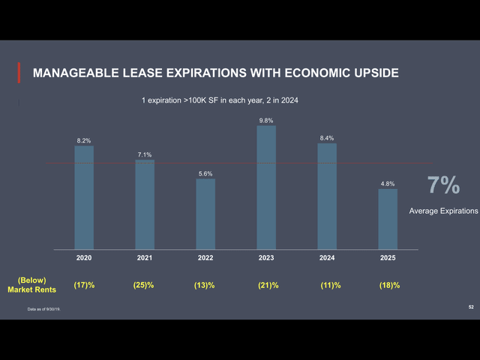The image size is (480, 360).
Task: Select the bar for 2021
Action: (x=145, y=204)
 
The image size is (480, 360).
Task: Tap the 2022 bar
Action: (x=205, y=214)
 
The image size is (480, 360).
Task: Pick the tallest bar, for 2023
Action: (x=266, y=187)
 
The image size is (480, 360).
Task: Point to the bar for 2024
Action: (x=327, y=196)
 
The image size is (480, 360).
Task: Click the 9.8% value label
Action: (x=266, y=120)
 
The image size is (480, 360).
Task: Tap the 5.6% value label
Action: (x=205, y=173)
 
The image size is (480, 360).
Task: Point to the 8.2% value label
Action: (x=84, y=140)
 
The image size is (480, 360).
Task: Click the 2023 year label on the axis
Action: (x=266, y=257)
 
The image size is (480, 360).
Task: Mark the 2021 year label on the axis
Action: (x=145, y=257)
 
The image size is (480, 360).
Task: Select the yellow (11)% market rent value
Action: (x=330, y=285)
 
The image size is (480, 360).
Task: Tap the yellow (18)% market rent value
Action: (x=389, y=285)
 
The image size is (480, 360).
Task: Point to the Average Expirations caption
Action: (x=443, y=211)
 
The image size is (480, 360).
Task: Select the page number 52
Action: (x=470, y=307)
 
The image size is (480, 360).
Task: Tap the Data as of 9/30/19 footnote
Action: (x=43, y=310)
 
